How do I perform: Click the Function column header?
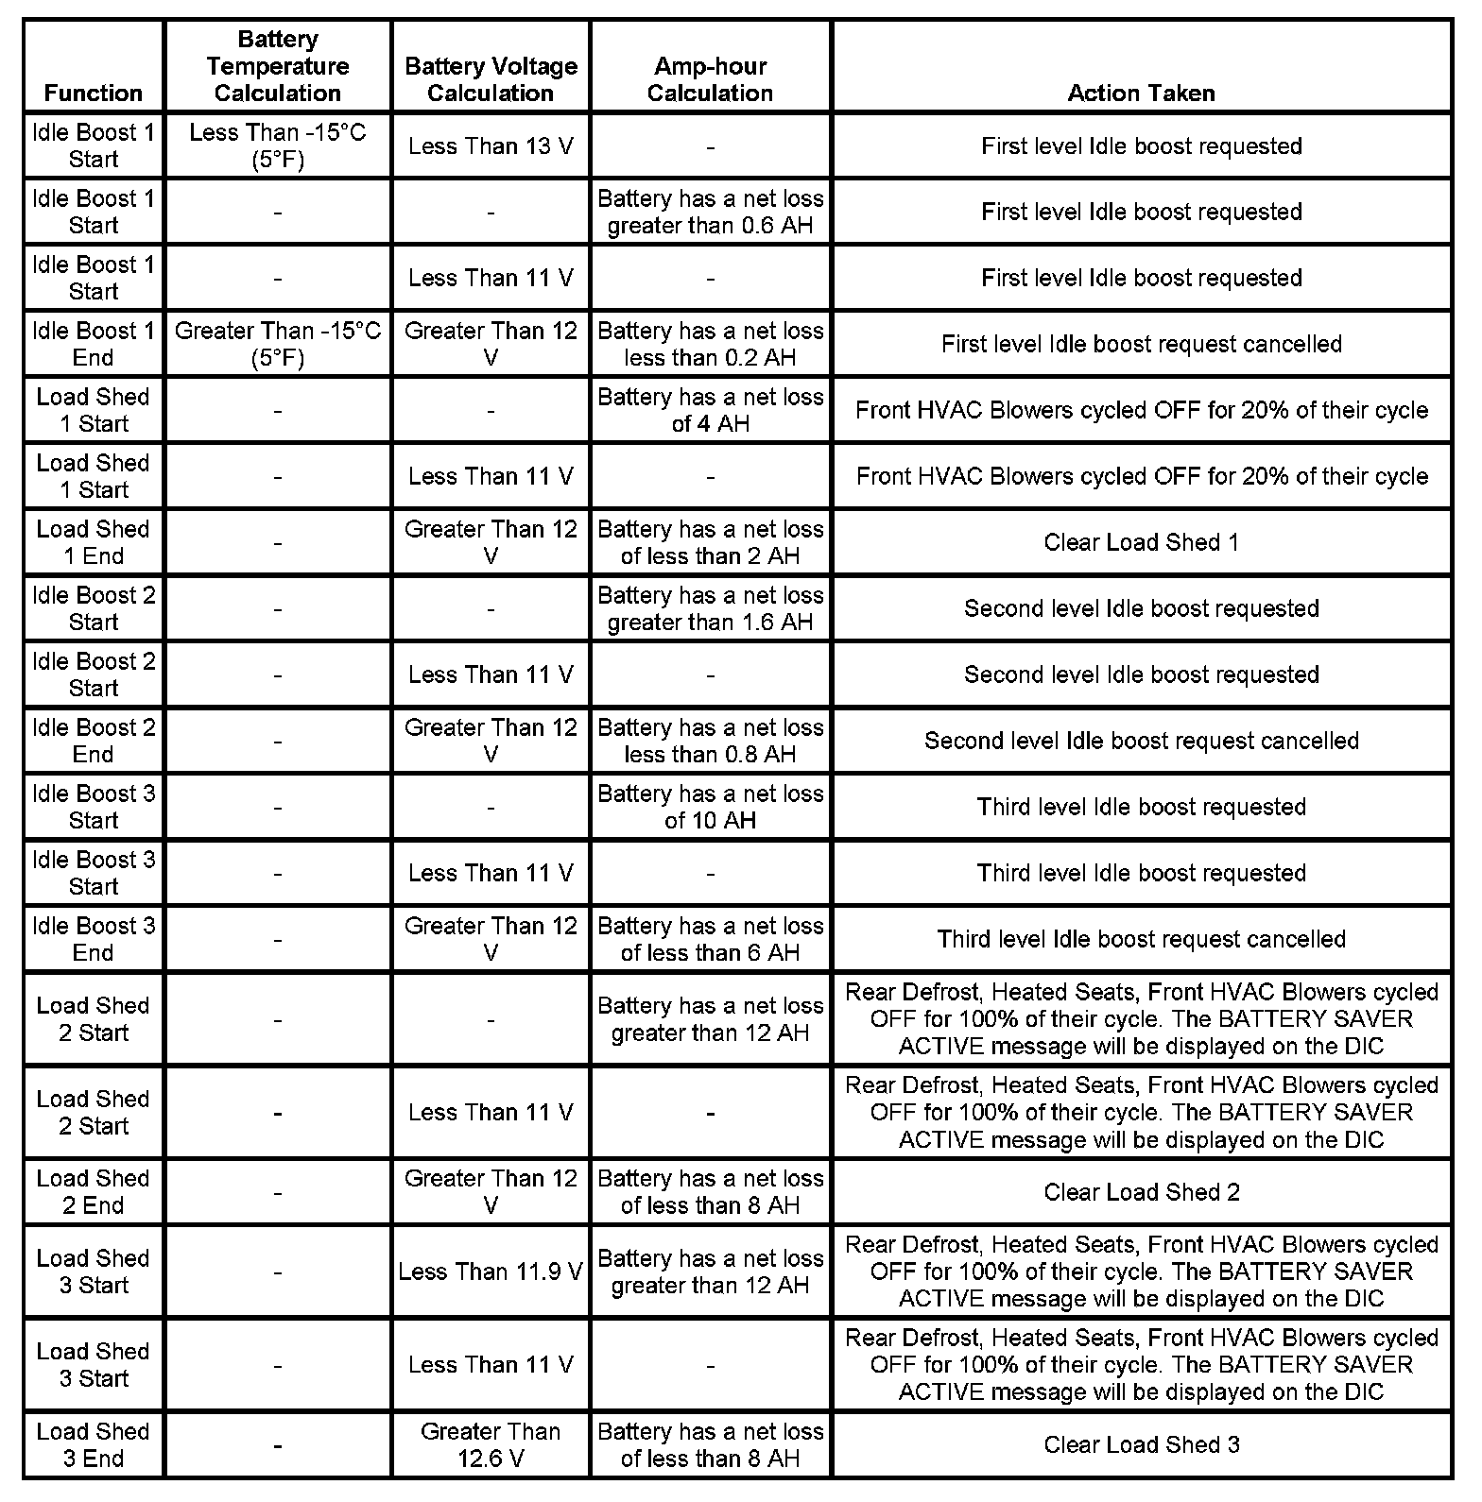[x=93, y=93]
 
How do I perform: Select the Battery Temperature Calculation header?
[x=277, y=66]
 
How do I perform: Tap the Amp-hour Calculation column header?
[x=710, y=79]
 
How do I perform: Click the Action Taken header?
[x=1141, y=93]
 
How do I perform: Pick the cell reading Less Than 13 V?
[x=491, y=146]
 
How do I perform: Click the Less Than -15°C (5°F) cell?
[x=277, y=145]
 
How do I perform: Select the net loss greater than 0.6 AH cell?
[x=710, y=212]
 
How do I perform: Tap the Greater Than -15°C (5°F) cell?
[x=277, y=344]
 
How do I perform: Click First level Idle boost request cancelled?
[x=1141, y=344]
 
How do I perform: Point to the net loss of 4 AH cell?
[x=710, y=410]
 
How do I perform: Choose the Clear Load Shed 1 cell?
[x=1141, y=542]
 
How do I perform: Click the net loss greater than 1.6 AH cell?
[x=710, y=608]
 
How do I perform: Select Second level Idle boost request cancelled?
[x=1141, y=741]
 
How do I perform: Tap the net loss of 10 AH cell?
[x=710, y=807]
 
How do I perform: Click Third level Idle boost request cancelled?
[x=1141, y=939]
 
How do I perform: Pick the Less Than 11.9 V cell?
[x=491, y=1272]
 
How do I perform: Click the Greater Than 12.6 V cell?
[x=491, y=1444]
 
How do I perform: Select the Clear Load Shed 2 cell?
[x=1141, y=1192]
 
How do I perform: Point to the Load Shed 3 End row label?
[x=93, y=1444]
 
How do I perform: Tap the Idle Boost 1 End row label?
[x=93, y=344]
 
